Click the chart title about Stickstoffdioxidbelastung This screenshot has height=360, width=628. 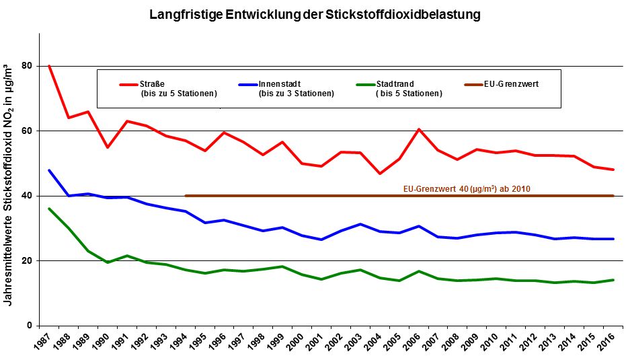click(x=315, y=13)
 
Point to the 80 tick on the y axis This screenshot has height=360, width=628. click(x=27, y=66)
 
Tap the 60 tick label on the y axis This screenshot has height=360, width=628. click(x=27, y=131)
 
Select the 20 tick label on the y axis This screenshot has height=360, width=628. click(x=27, y=260)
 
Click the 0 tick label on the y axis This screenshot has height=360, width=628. click(x=30, y=326)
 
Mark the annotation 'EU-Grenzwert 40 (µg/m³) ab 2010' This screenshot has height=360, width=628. click(x=467, y=189)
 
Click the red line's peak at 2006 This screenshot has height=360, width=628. click(x=419, y=129)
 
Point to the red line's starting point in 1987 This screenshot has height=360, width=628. click(x=49, y=66)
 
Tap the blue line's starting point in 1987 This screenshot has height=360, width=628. click(x=49, y=170)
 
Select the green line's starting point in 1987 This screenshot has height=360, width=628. click(x=49, y=209)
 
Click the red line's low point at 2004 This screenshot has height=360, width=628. click(x=380, y=174)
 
